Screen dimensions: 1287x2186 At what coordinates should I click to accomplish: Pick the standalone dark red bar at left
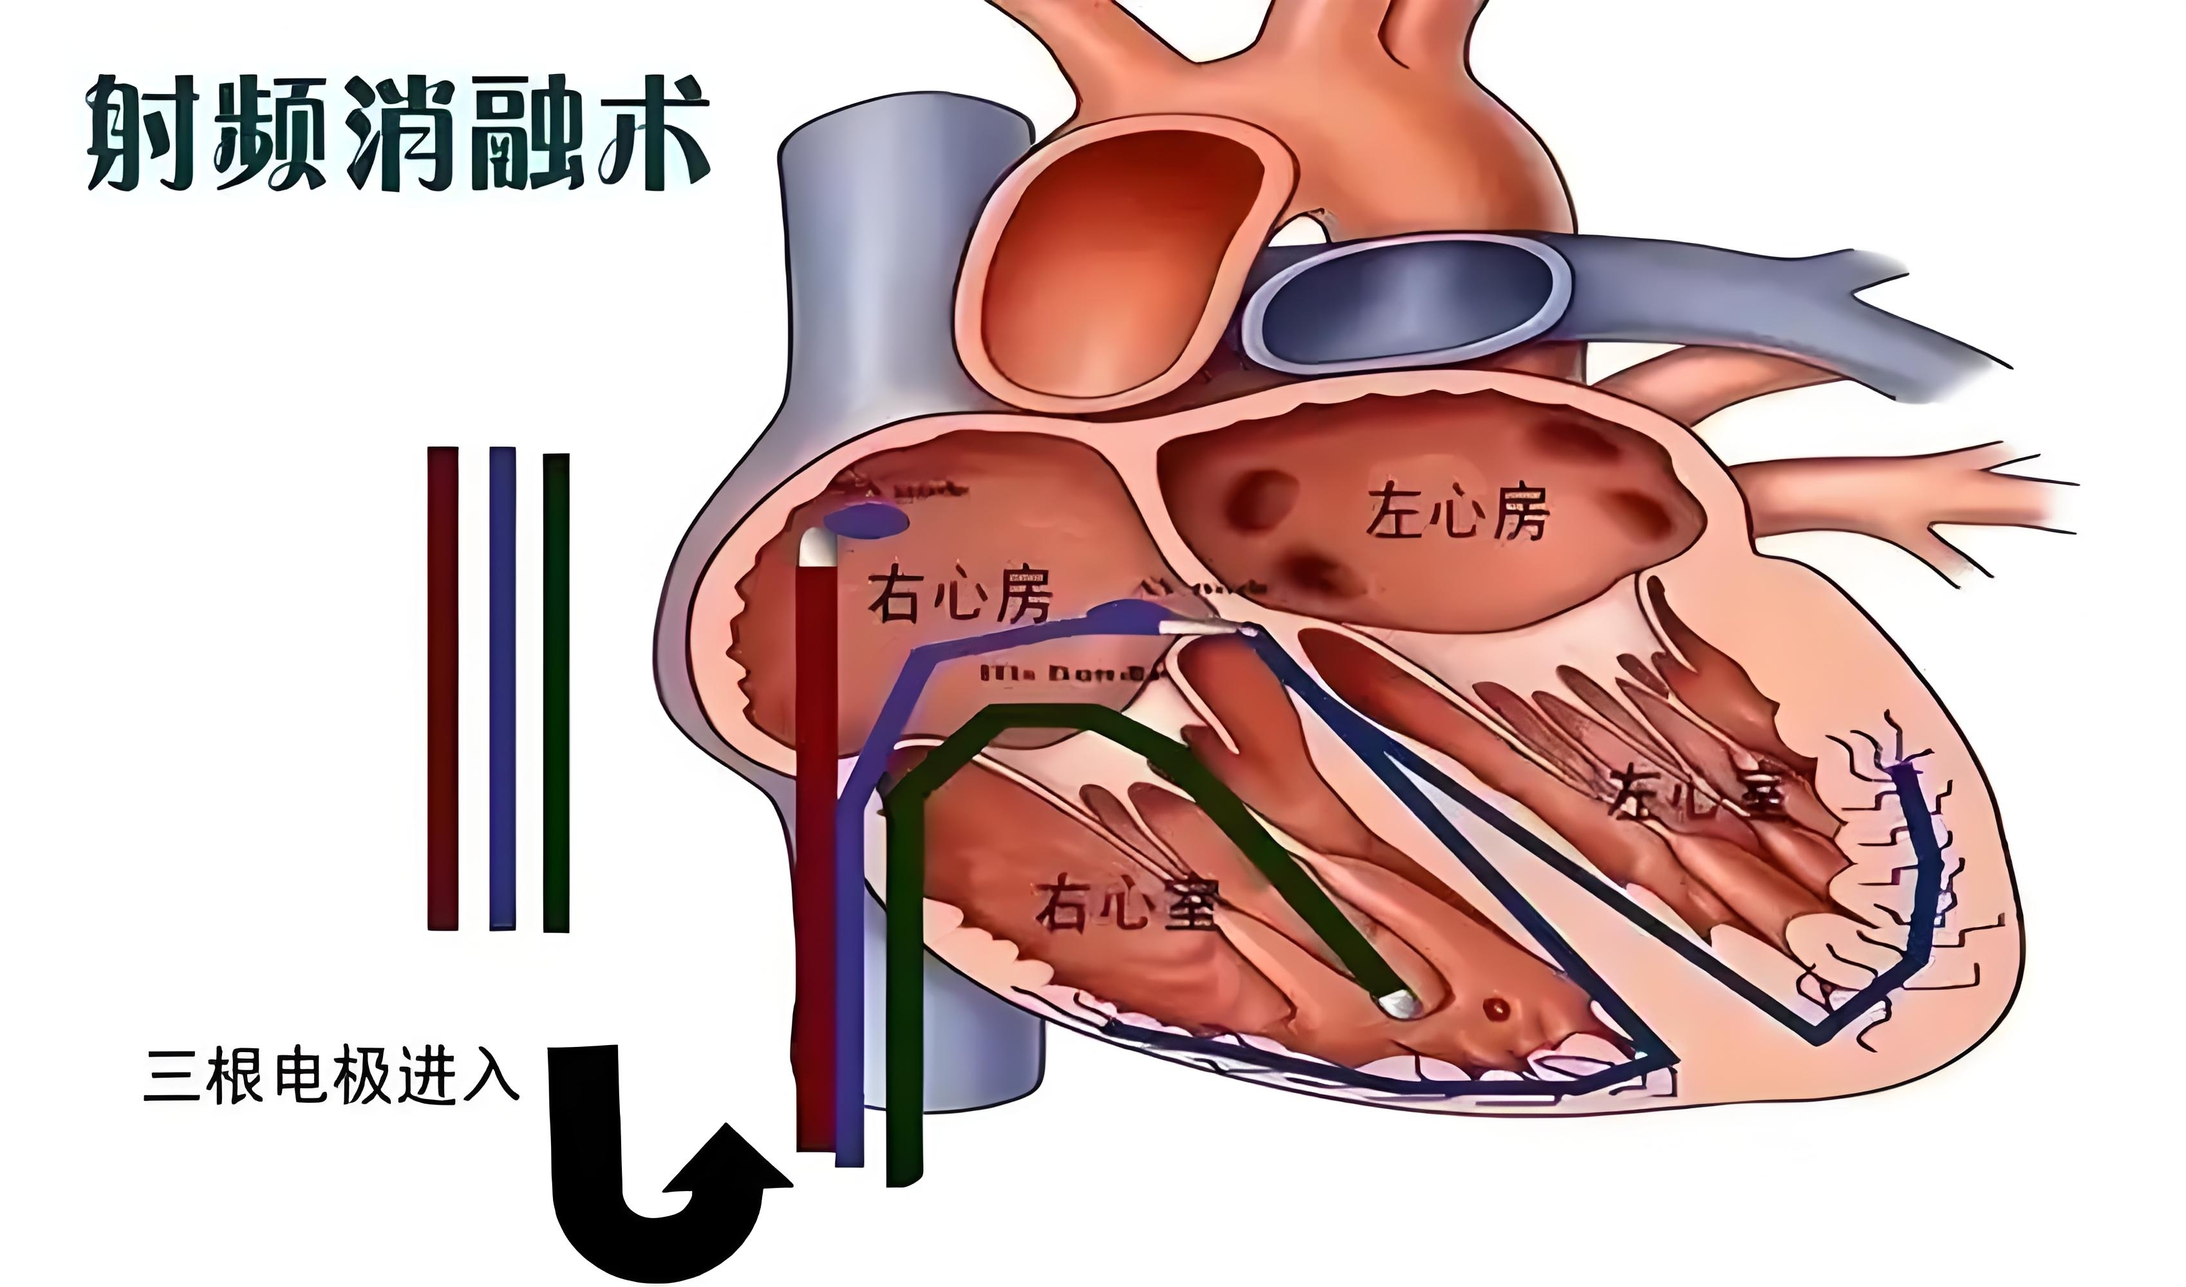[x=442, y=689]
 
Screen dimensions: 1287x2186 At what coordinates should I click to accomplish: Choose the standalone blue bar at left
[x=502, y=689]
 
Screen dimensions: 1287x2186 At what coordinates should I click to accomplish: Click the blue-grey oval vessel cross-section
[x=1407, y=299]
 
